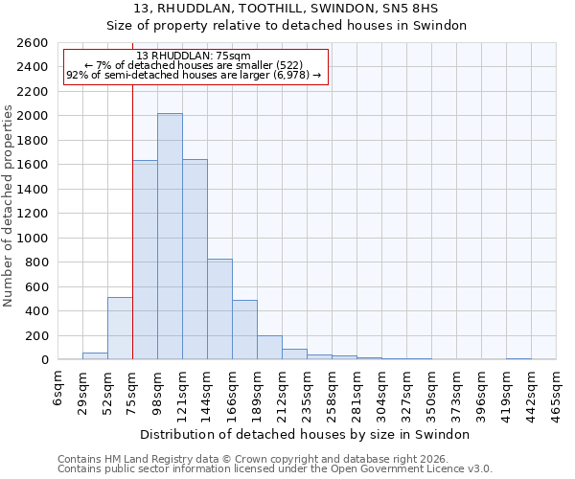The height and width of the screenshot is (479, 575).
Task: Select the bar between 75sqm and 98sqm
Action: [x=145, y=260]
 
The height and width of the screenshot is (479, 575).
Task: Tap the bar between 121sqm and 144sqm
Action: [x=195, y=259]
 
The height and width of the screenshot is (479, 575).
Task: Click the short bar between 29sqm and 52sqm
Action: [x=95, y=355]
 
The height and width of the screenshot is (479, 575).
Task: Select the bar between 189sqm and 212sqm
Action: [x=269, y=347]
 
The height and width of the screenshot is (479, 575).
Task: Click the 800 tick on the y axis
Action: [x=38, y=262]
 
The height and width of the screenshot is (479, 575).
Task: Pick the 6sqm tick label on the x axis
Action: [x=58, y=385]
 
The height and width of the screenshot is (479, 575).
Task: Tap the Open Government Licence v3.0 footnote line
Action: [x=275, y=469]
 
